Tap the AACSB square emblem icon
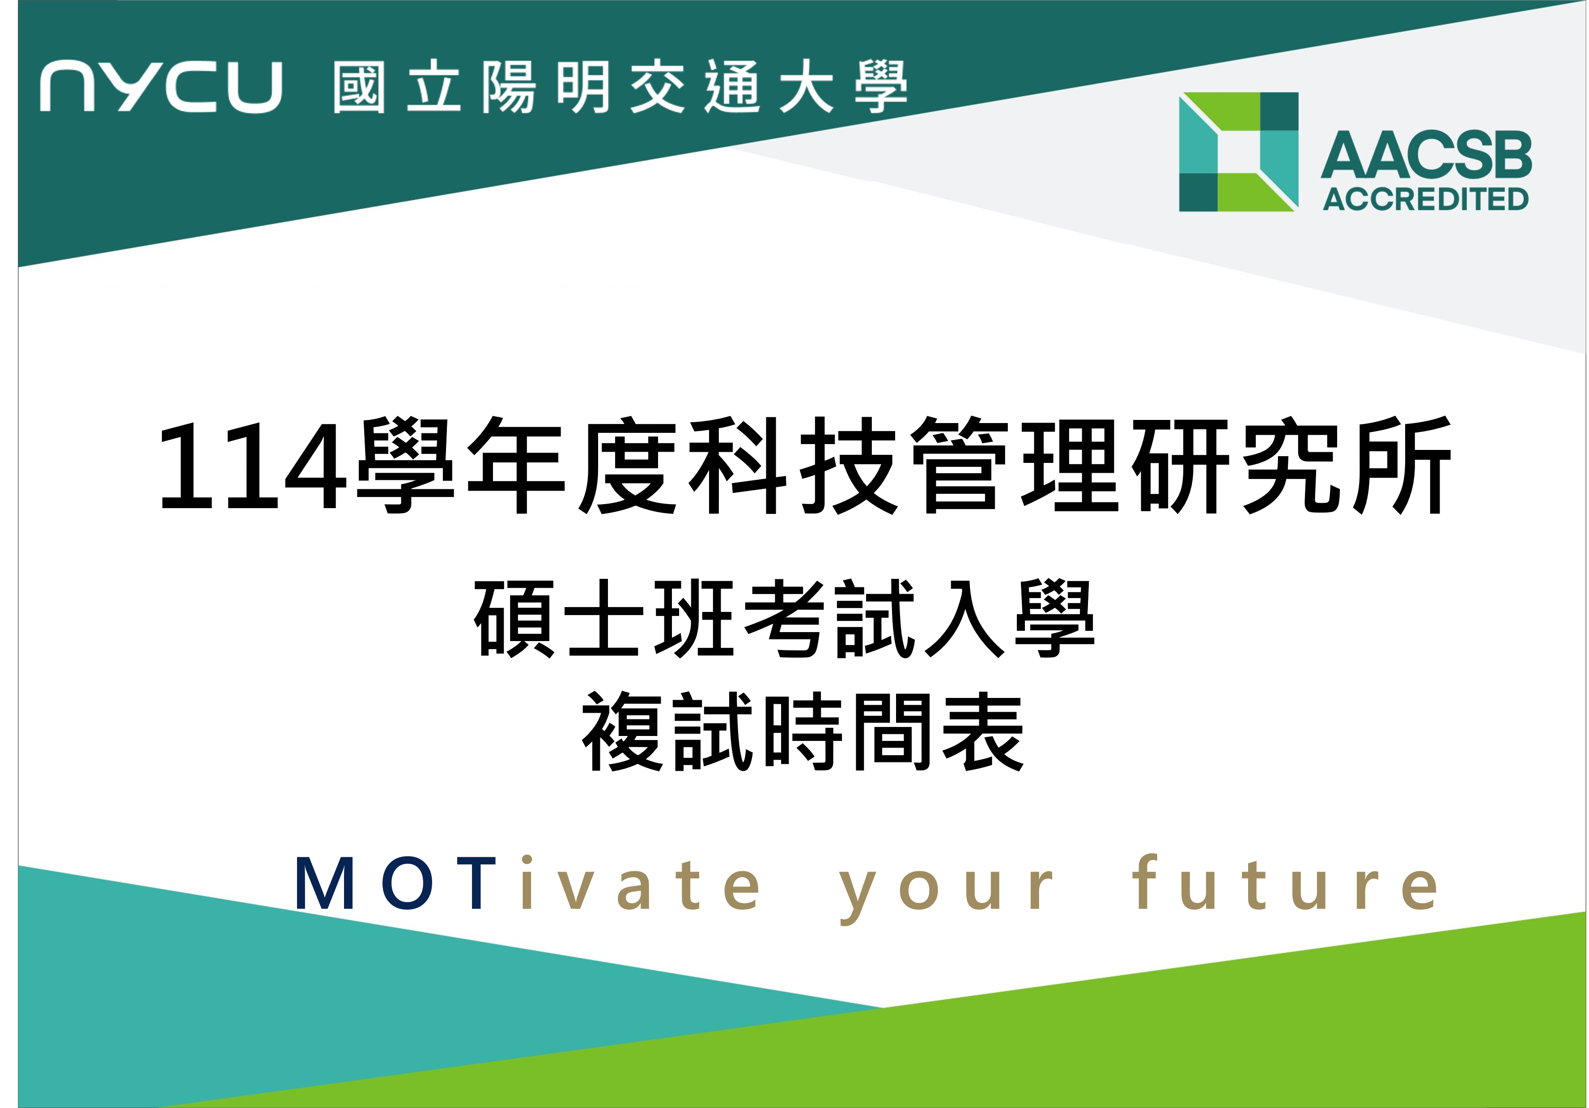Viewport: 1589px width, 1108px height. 1238,152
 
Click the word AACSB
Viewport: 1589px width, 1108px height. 1426,154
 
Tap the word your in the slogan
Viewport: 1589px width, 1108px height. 946,890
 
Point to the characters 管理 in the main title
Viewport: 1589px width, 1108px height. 1015,466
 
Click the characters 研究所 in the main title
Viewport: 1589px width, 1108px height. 1292,466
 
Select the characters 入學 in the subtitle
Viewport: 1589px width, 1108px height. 1010,618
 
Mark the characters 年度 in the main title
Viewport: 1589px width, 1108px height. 572,466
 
